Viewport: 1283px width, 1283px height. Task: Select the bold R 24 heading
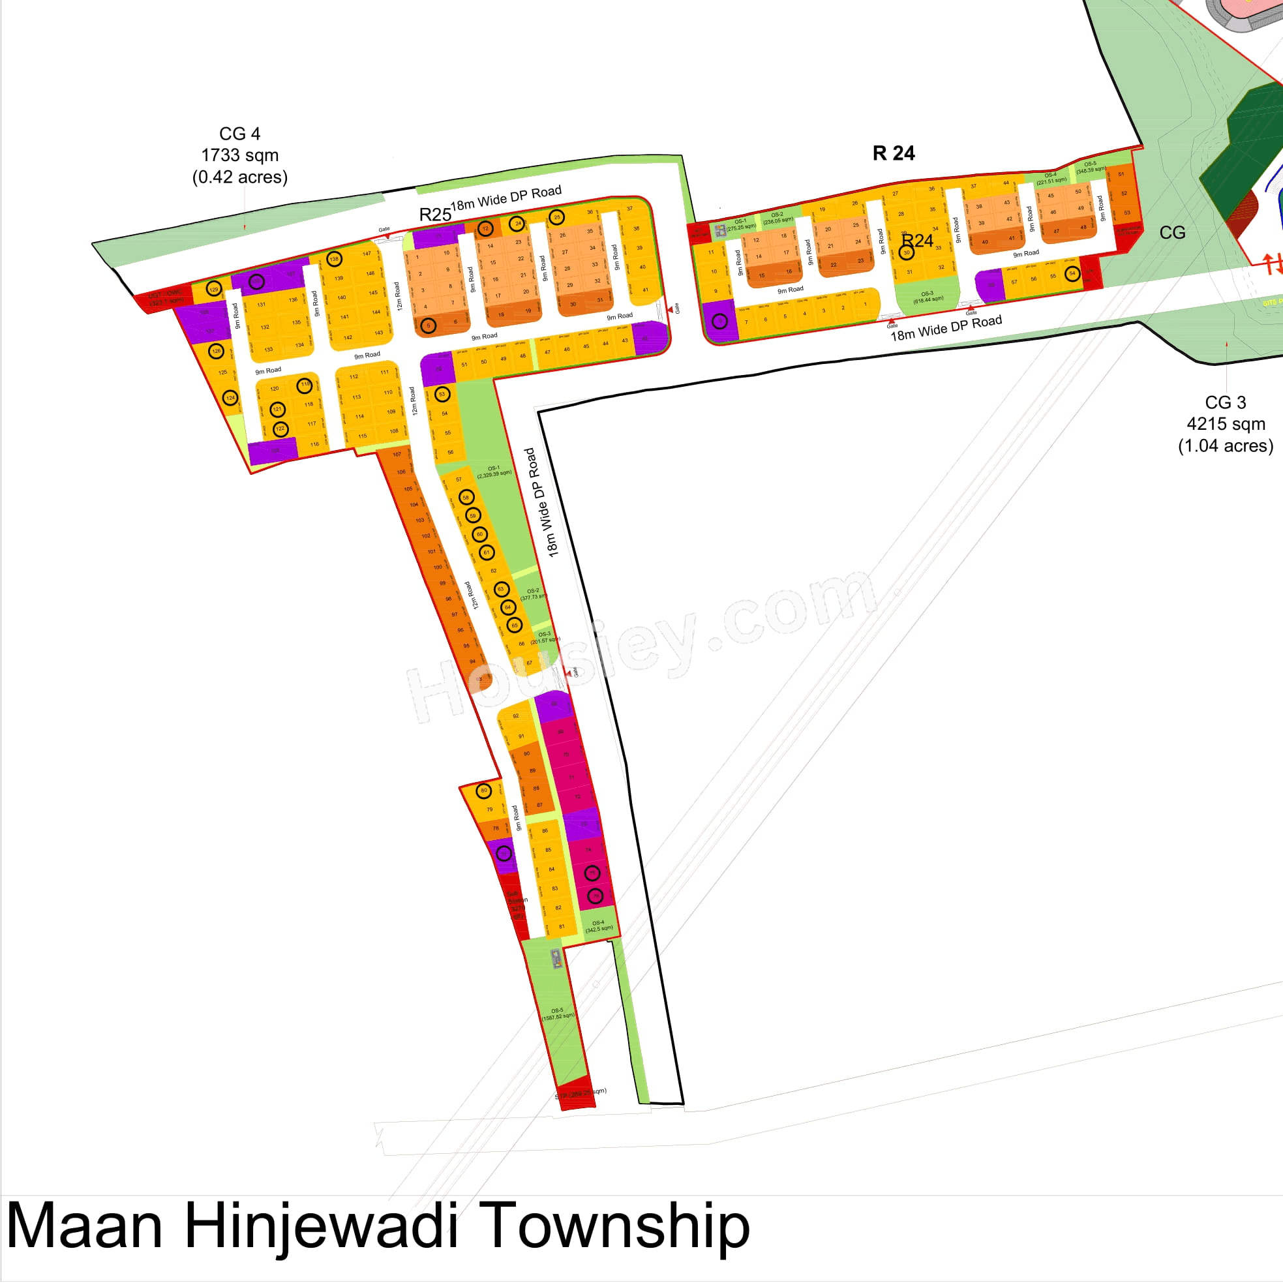(893, 153)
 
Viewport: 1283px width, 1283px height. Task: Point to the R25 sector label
(435, 215)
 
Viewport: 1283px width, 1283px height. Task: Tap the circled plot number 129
(214, 289)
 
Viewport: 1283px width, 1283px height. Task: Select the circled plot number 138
(334, 259)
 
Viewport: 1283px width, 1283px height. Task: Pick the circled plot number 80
(484, 791)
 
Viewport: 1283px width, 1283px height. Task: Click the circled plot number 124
(230, 398)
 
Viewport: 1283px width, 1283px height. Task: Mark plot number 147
(367, 254)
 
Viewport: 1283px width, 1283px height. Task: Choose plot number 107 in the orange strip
(397, 455)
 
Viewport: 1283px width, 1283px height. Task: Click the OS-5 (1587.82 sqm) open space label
(557, 1014)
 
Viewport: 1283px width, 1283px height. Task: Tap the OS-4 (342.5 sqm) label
(598, 926)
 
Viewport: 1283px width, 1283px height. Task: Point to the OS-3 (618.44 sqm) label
(928, 297)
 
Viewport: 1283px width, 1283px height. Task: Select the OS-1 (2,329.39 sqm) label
(493, 471)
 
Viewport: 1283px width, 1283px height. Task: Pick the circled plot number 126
(216, 351)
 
